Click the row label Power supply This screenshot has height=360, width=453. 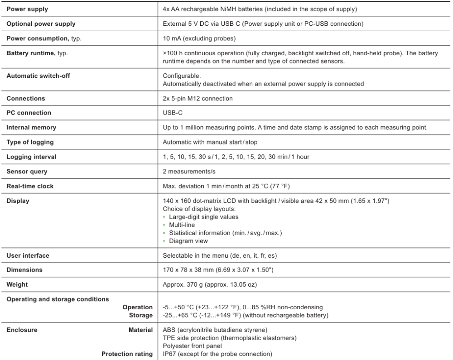(x=27, y=9)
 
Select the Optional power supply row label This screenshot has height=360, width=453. (x=41, y=24)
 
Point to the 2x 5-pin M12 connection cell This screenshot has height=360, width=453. (x=198, y=98)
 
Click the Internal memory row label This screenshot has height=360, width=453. (x=31, y=128)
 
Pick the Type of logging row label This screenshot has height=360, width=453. (x=30, y=142)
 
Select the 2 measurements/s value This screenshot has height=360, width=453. (x=188, y=172)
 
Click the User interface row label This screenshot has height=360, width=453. (x=28, y=255)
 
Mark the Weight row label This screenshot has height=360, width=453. (x=17, y=285)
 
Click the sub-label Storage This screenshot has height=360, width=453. (x=141, y=315)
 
